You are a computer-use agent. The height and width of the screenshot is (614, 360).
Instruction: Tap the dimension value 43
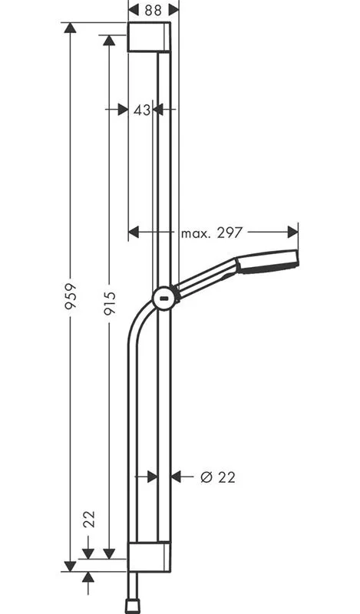click(x=141, y=110)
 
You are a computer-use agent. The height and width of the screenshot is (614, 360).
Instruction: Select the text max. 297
click(x=211, y=233)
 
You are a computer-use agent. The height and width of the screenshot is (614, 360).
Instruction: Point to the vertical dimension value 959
click(x=69, y=296)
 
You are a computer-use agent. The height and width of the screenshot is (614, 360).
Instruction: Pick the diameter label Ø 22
click(x=217, y=477)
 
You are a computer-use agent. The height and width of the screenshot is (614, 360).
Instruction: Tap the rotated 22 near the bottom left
click(x=89, y=520)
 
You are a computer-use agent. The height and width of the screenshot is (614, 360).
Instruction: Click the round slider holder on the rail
click(x=164, y=299)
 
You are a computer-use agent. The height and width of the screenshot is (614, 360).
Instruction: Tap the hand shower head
click(x=268, y=262)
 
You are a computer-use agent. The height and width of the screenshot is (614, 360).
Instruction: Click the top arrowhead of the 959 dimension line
click(x=70, y=28)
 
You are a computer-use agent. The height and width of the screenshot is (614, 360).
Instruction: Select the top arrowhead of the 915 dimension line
click(x=109, y=40)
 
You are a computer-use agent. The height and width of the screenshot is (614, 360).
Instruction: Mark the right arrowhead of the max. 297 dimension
click(x=293, y=232)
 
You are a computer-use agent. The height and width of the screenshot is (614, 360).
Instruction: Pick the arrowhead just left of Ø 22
click(x=176, y=477)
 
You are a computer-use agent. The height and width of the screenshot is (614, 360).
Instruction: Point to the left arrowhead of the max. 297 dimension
click(x=134, y=232)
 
